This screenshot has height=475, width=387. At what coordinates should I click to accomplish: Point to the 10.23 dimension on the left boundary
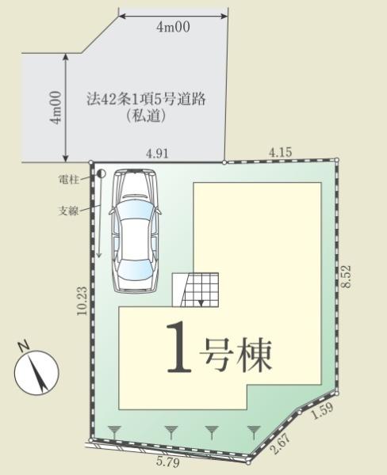point(82,301)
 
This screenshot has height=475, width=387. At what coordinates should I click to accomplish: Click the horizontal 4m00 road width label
point(173,28)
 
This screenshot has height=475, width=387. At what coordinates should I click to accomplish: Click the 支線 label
point(69,211)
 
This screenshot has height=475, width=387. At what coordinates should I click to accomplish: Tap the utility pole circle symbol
point(102,173)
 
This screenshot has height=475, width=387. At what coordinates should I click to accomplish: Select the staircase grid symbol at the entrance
point(196,289)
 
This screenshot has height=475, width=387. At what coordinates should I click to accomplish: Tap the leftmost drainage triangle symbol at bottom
point(116,431)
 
